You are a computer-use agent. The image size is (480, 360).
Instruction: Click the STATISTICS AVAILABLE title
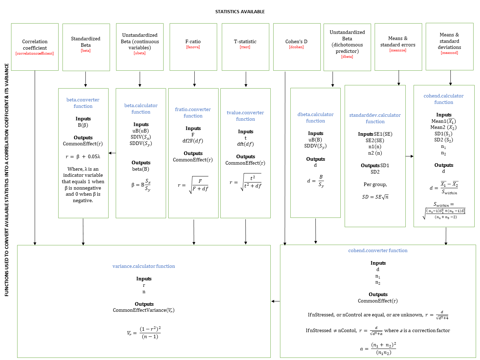(x=240, y=12)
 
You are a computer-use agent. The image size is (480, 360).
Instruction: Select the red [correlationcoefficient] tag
(x=35, y=54)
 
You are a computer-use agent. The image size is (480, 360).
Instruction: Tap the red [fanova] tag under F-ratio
(x=193, y=47)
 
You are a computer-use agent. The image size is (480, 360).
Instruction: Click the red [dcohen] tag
(x=296, y=47)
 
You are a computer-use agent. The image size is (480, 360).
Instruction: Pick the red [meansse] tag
(x=398, y=50)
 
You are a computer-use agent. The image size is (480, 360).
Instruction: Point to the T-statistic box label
(x=245, y=41)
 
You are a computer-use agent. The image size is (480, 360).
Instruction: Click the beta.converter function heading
(x=83, y=103)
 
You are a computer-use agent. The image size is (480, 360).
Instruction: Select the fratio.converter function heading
(x=193, y=112)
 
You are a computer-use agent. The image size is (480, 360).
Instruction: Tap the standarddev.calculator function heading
(x=375, y=118)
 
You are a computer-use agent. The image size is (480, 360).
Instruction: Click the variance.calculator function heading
(x=144, y=266)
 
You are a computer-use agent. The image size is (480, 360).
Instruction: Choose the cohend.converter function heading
(x=378, y=250)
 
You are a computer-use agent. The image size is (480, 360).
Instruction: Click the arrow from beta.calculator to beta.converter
(x=112, y=153)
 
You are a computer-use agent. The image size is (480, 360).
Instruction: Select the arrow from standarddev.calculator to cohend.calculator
(x=410, y=156)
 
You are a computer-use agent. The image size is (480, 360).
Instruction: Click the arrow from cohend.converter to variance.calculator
(x=275, y=301)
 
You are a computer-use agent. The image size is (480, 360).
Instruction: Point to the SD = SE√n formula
(x=375, y=197)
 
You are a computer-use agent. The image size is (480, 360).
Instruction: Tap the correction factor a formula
(x=378, y=349)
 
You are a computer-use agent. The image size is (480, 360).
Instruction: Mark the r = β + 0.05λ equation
(x=83, y=156)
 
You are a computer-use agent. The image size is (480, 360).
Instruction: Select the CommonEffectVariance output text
(x=144, y=310)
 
